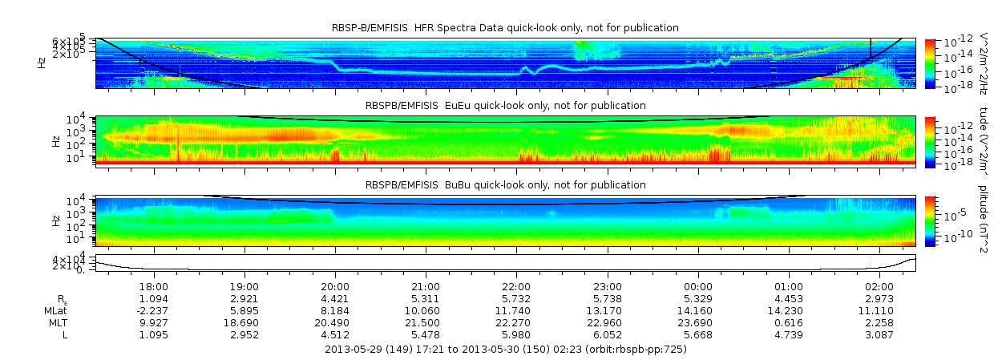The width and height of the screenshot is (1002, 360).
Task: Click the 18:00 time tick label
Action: point(154,285)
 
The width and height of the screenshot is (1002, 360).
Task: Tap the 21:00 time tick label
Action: point(426,285)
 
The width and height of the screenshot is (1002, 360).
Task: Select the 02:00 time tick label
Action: point(879,285)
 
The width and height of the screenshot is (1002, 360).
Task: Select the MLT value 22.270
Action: point(516,322)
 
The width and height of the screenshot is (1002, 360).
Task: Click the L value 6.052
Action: point(607,334)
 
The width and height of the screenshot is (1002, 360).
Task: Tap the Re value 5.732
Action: point(516,298)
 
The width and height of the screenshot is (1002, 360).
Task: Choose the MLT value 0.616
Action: point(789,322)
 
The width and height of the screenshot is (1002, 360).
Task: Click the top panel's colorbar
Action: point(931,63)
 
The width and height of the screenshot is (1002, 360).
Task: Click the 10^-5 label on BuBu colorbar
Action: point(952,214)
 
